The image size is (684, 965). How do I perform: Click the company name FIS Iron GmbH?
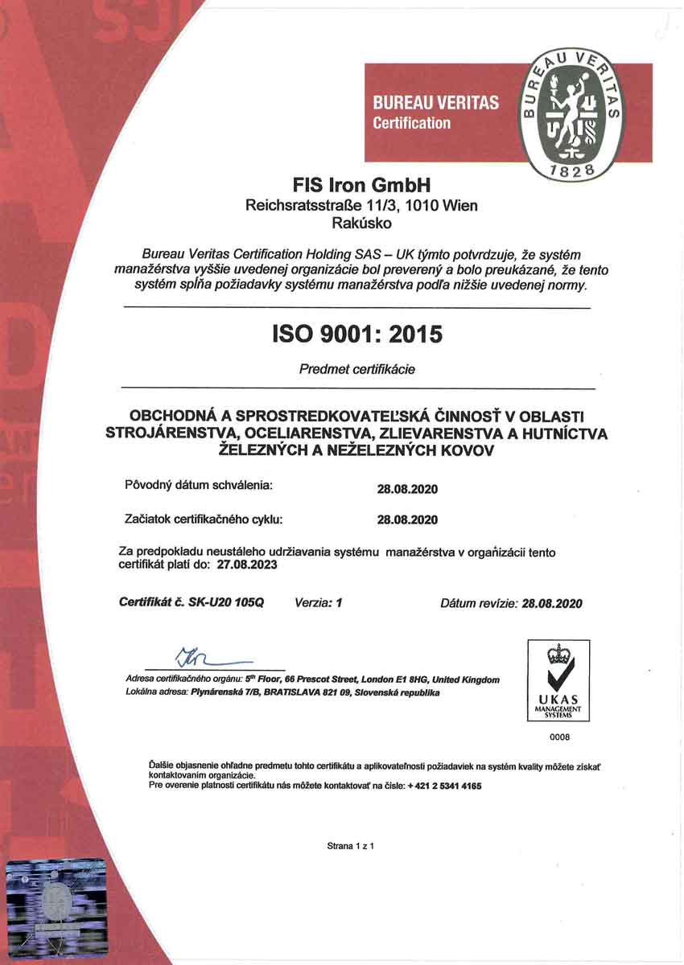click(361, 184)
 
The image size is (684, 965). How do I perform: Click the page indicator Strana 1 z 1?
click(352, 846)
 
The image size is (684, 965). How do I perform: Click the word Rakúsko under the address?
click(361, 224)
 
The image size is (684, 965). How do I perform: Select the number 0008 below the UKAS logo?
click(559, 736)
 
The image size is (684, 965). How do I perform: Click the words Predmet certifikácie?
click(357, 370)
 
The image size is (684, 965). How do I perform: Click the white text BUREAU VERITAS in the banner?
click(435, 103)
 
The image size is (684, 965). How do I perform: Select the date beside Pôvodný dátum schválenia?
click(407, 488)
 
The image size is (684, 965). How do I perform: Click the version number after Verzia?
click(339, 602)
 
